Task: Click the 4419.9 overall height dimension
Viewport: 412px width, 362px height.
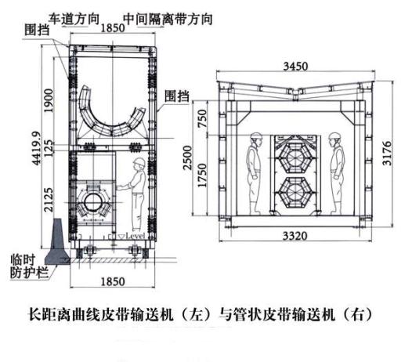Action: [x=37, y=148]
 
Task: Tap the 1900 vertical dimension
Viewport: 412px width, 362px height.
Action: [x=49, y=100]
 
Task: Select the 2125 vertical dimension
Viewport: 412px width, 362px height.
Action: [x=49, y=200]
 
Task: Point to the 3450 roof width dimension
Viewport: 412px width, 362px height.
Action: [x=295, y=67]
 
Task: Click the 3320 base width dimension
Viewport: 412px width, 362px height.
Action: [x=295, y=236]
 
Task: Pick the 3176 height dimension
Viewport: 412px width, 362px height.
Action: [x=387, y=154]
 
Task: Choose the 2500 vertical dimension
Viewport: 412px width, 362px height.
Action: [x=188, y=157]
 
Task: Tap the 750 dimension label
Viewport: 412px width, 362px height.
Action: [x=202, y=118]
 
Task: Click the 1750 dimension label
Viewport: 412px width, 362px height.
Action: [x=202, y=175]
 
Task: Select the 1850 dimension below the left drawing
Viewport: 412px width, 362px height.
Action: [x=113, y=281]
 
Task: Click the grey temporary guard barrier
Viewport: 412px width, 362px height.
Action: [x=57, y=242]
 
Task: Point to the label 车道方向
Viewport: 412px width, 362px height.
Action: [x=74, y=19]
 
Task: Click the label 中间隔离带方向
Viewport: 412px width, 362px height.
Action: [x=168, y=19]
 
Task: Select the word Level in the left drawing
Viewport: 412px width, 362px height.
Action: [x=136, y=236]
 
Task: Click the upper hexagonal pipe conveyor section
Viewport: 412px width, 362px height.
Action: [x=295, y=157]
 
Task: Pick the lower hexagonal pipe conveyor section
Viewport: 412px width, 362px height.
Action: [x=295, y=194]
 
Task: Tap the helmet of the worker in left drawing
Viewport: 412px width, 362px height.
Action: [x=139, y=161]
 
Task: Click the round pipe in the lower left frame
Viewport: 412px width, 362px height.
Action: [x=92, y=202]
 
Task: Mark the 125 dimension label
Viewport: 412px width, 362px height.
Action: [x=49, y=148]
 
